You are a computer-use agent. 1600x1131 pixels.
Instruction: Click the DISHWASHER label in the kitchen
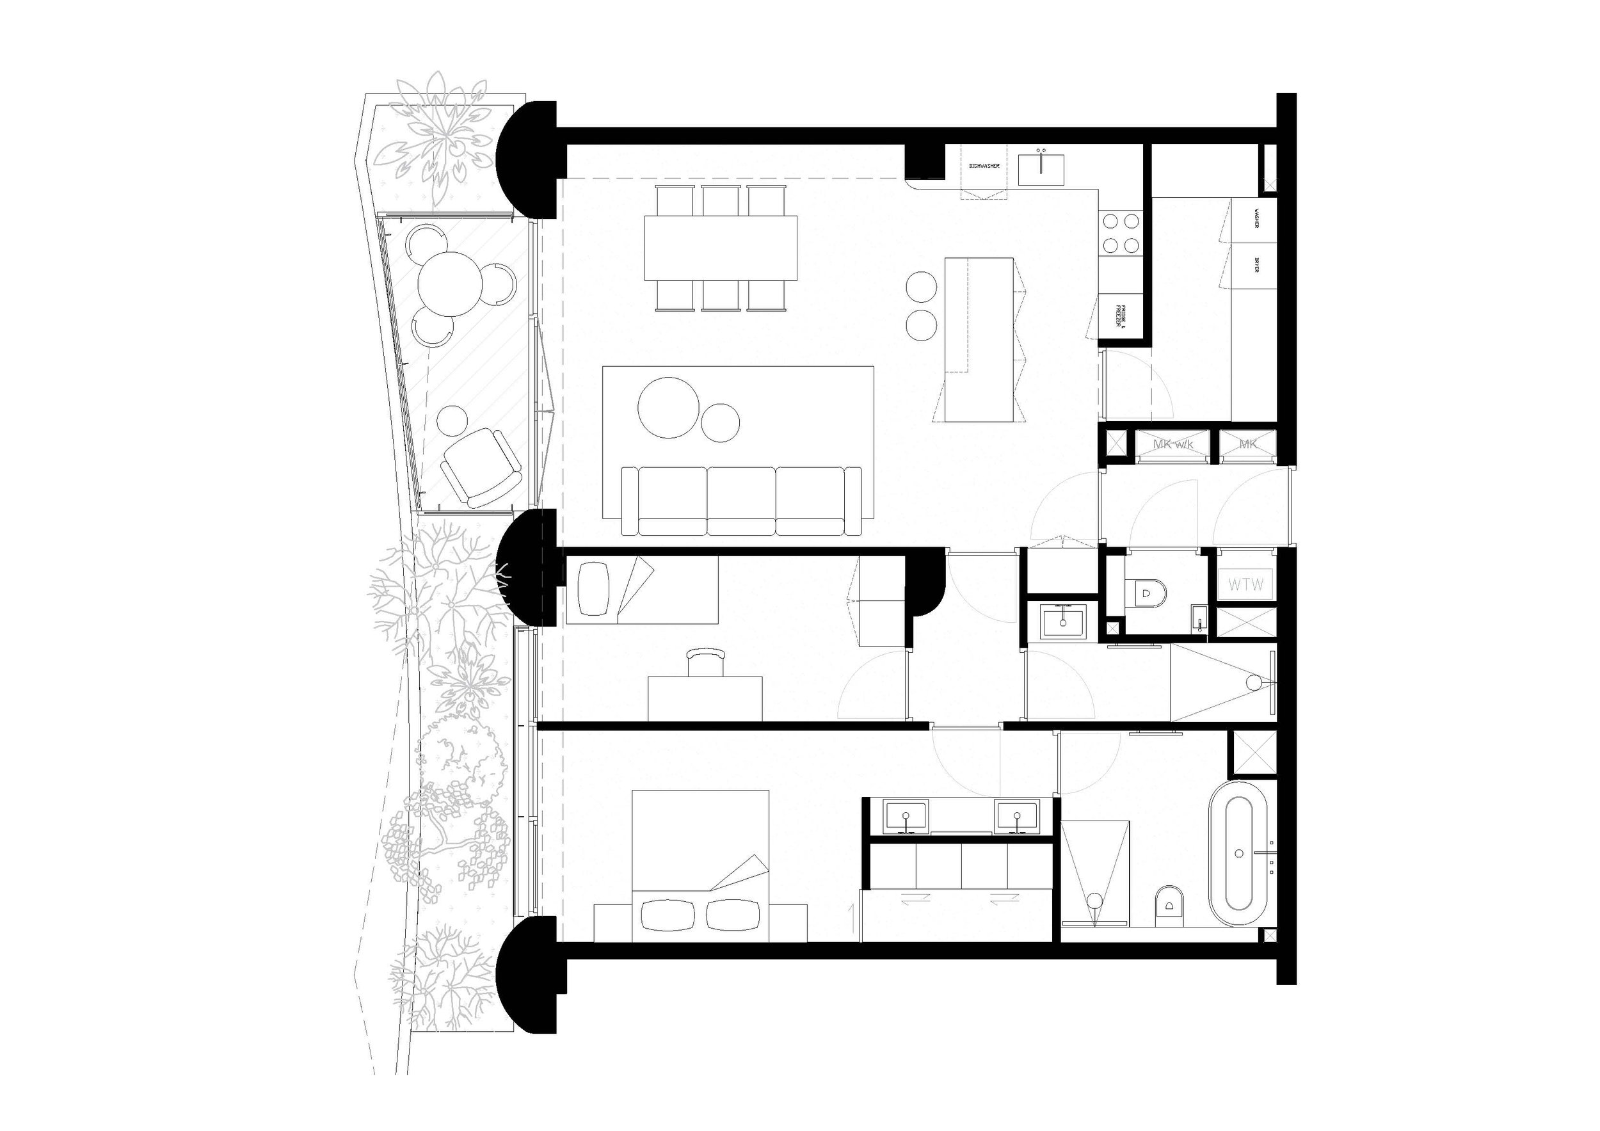(x=984, y=166)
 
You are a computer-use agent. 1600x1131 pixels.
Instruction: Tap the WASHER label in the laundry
(x=1256, y=220)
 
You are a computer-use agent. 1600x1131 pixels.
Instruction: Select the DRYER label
(x=1256, y=265)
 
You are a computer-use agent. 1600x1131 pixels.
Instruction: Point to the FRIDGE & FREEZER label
(x=1120, y=316)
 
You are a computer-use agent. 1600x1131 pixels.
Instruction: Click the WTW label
(x=1246, y=584)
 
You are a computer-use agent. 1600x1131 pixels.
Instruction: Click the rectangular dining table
(x=721, y=247)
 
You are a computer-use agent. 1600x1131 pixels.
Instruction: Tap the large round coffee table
(x=668, y=408)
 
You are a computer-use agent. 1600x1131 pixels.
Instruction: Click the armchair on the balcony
(x=479, y=466)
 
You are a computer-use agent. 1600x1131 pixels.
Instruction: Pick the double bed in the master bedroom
(x=700, y=865)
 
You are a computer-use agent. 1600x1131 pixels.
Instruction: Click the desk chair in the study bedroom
(x=705, y=662)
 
